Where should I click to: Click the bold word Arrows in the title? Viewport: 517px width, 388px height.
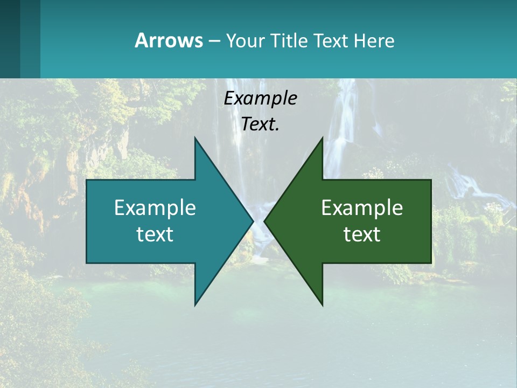169,40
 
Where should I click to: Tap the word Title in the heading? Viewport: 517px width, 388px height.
292,40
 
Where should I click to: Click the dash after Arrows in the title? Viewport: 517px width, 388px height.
214,41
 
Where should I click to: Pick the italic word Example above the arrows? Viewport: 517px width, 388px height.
260,98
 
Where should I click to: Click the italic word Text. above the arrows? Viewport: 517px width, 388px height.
260,124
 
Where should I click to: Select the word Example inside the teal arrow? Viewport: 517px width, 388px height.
155,208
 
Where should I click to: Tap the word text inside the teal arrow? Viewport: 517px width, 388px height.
155,234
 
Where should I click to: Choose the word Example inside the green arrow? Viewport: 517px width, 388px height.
362,208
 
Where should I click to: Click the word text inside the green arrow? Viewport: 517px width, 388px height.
362,234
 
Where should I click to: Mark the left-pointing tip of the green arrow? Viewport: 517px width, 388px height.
265,221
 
